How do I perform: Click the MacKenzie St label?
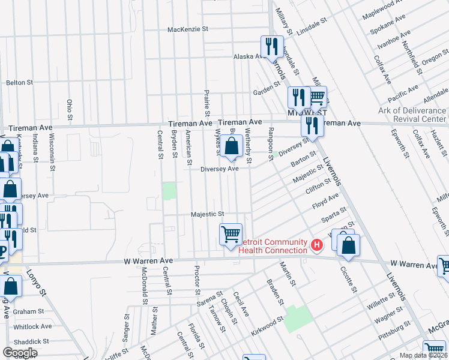(x=187, y=29)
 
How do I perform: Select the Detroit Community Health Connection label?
(x=273, y=245)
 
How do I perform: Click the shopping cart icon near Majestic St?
(x=231, y=234)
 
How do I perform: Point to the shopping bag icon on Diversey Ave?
(x=231, y=146)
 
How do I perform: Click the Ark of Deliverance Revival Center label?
(x=412, y=115)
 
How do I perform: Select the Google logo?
(x=20, y=353)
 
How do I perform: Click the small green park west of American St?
(x=170, y=191)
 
